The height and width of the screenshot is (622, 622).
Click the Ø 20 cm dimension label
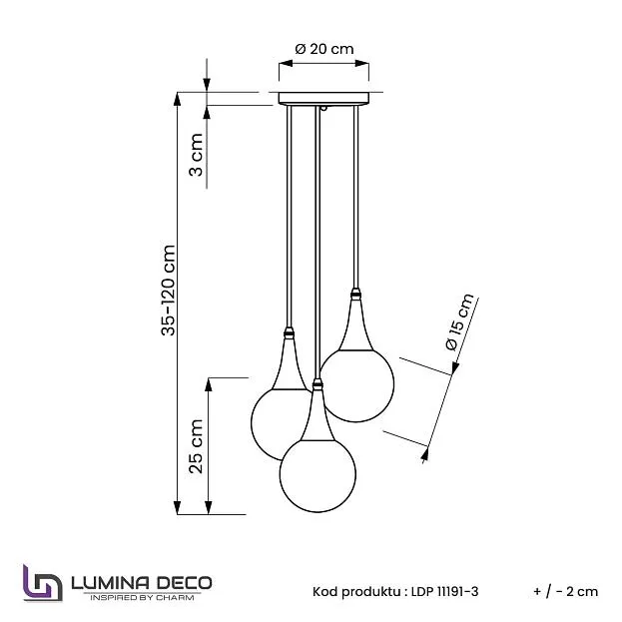[324, 49]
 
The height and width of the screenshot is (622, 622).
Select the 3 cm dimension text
[197, 154]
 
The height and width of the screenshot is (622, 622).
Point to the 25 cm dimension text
[197, 445]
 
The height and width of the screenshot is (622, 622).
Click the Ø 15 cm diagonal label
[460, 320]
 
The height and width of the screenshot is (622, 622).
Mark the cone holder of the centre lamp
[318, 414]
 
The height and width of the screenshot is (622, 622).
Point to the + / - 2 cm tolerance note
[566, 591]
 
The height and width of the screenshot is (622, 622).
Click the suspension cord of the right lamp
[355, 200]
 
